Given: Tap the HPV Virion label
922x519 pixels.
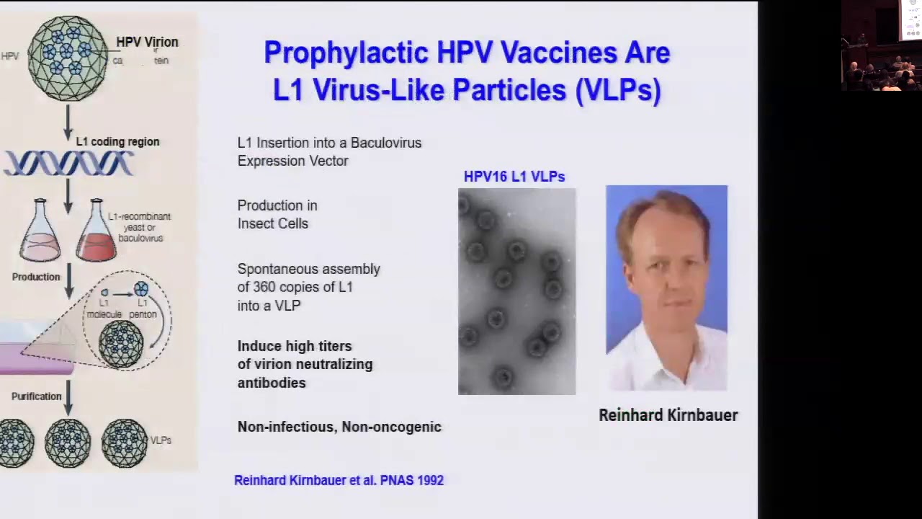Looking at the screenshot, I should tap(147, 42).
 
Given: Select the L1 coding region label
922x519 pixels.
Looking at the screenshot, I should tap(117, 141).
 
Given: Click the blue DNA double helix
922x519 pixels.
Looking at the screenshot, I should tap(69, 164).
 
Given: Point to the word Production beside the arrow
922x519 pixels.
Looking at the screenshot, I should tap(35, 277).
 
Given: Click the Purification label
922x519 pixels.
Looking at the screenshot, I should tap(36, 396).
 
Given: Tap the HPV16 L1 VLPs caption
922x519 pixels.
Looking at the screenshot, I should tap(514, 177).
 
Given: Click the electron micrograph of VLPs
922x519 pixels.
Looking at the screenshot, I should tap(516, 291).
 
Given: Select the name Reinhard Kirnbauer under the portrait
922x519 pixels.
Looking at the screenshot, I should tap(668, 415).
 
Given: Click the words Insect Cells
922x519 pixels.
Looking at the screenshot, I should tap(272, 223).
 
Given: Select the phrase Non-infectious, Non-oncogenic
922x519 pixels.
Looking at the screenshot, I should tap(339, 427).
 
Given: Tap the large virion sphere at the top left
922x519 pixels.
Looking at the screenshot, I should tap(68, 57).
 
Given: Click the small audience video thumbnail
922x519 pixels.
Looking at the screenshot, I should tap(880, 45).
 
